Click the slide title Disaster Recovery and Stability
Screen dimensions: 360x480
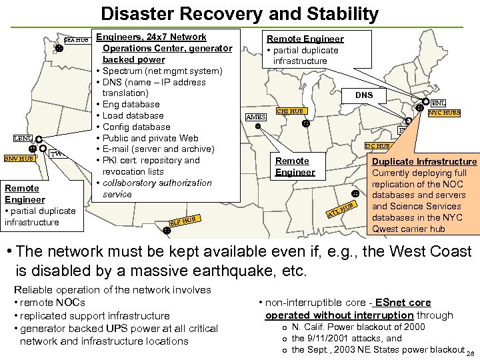coord(240,13)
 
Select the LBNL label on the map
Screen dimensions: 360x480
coord(19,138)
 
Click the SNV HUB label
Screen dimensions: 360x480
coord(19,159)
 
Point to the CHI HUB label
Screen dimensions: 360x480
coord(290,111)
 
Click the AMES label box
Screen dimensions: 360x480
coord(256,117)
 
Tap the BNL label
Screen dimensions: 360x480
coord(438,103)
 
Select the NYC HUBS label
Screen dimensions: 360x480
coord(444,113)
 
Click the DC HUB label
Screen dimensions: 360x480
coord(377,146)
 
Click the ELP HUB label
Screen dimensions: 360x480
coord(183,219)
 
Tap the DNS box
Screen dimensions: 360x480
coord(364,95)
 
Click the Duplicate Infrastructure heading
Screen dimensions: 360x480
coord(424,161)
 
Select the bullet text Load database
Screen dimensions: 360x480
coord(133,115)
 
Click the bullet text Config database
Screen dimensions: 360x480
coord(137,127)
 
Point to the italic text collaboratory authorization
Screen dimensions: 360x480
coord(157,183)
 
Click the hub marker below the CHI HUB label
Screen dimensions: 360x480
coord(305,123)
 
